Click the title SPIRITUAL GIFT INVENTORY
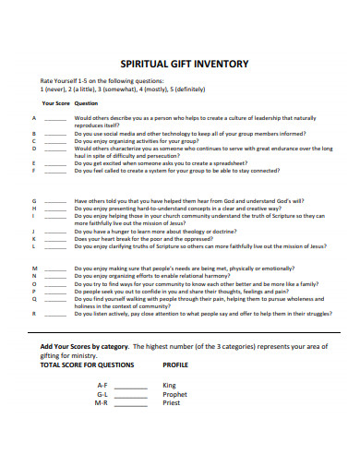(180, 66)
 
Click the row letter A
(33, 119)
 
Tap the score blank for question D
(54, 148)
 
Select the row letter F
(33, 171)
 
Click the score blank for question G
(54, 200)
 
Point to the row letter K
(33, 238)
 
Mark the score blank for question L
(54, 246)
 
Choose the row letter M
(33, 268)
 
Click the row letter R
(33, 314)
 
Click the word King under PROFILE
(169, 385)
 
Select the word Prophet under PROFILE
(174, 394)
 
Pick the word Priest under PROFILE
(172, 403)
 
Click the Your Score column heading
(55, 103)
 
